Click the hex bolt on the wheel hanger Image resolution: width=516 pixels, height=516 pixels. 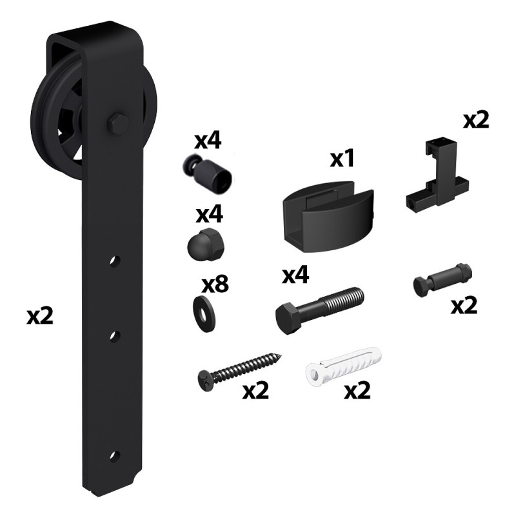(x=118, y=124)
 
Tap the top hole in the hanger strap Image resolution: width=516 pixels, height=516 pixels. (x=115, y=261)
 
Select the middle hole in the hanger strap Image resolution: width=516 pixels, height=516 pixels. (x=115, y=337)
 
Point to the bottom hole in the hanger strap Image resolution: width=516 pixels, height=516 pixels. (x=115, y=456)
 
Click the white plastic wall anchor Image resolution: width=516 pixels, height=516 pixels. (x=344, y=366)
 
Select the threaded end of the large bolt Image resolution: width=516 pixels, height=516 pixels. (x=344, y=299)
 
